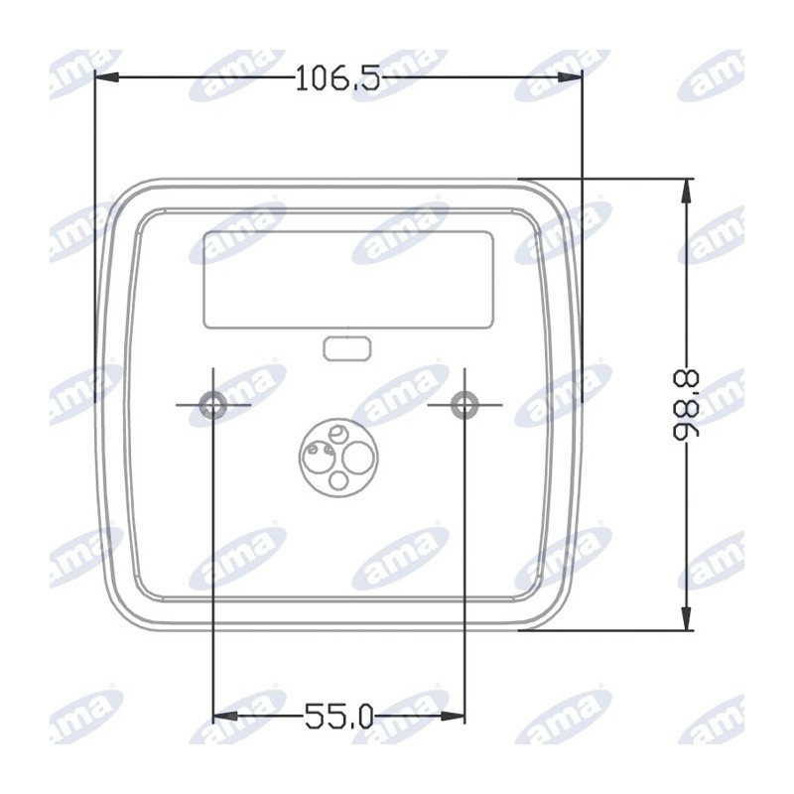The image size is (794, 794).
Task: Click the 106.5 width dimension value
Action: pos(337,78)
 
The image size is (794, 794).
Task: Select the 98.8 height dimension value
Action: pos(687,405)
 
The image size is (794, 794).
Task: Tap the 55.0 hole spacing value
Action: pos(338,717)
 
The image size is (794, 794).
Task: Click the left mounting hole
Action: pos(212,405)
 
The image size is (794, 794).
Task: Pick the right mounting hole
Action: pos(464,405)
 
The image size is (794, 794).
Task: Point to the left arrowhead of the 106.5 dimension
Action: pos(107,77)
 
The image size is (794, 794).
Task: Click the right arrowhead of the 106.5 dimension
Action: pos(570,77)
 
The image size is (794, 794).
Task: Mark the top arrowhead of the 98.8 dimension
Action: pos(687,192)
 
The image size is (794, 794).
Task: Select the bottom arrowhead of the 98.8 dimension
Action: pos(687,618)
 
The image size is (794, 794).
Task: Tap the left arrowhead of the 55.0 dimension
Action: pos(225,716)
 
